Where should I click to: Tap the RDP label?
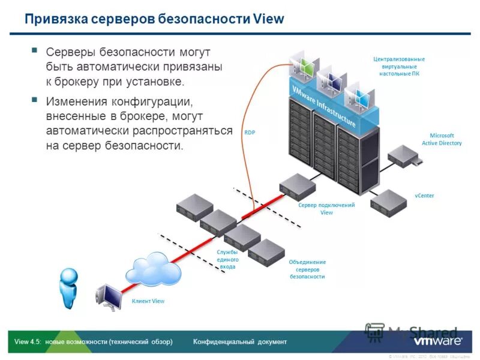click(x=250, y=132)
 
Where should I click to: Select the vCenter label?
click(x=424, y=196)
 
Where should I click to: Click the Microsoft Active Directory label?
click(x=442, y=139)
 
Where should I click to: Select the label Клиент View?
click(x=148, y=301)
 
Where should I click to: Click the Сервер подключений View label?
click(x=326, y=208)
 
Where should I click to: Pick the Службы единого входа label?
click(x=227, y=259)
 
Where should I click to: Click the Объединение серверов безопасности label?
click(x=307, y=269)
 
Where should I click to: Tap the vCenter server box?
click(x=388, y=203)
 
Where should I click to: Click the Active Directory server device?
click(x=403, y=157)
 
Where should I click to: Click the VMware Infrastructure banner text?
click(x=323, y=105)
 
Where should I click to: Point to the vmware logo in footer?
click(x=438, y=341)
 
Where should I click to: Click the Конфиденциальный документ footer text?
click(x=240, y=342)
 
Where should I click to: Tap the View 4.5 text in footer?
click(x=28, y=342)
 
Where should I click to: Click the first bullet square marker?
click(x=34, y=50)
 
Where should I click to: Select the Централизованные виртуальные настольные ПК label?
click(x=399, y=66)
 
